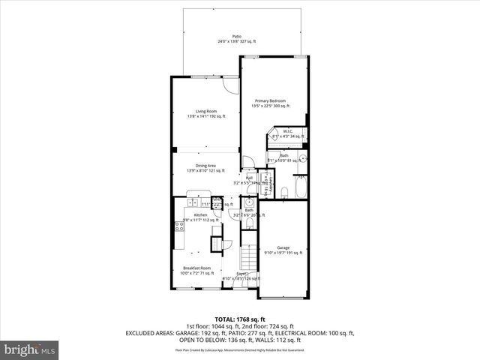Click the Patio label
click(237, 36)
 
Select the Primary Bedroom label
click(270, 100)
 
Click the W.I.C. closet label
click(287, 132)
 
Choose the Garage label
click(283, 247)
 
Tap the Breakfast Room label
click(197, 268)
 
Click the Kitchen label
click(190, 214)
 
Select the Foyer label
click(241, 274)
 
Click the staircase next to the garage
click(248, 259)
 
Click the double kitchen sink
click(192, 203)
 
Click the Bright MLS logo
click(30, 349)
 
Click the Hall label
click(249, 177)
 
